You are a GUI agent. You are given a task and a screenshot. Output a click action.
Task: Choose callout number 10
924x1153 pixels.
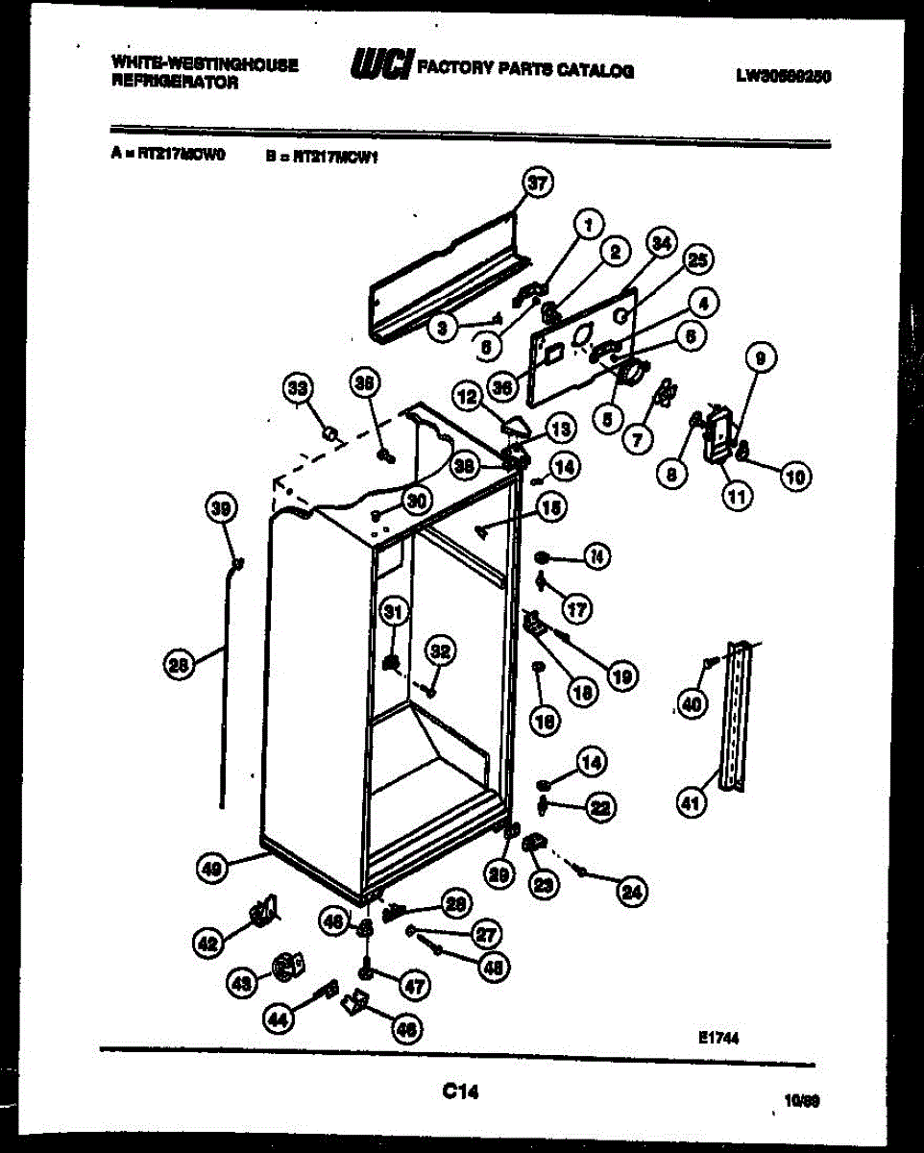coord(795,476)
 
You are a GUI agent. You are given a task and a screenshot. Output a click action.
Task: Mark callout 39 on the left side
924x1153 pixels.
coord(222,509)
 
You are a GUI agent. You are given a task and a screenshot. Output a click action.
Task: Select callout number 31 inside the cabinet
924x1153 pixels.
coord(394,611)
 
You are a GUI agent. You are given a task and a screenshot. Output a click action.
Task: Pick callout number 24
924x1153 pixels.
coord(631,892)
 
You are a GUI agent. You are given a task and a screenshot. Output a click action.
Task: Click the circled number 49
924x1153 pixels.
coord(212,869)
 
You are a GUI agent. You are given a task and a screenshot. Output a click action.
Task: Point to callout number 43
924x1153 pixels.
coord(243,982)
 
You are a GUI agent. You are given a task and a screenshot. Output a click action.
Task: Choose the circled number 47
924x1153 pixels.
coord(415,984)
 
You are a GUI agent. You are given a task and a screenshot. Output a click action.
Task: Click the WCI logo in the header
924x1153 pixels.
coord(382,65)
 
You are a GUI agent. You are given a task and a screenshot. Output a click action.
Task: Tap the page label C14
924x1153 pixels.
coord(461,1092)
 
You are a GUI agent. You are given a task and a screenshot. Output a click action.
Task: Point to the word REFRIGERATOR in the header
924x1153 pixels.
coord(176,84)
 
